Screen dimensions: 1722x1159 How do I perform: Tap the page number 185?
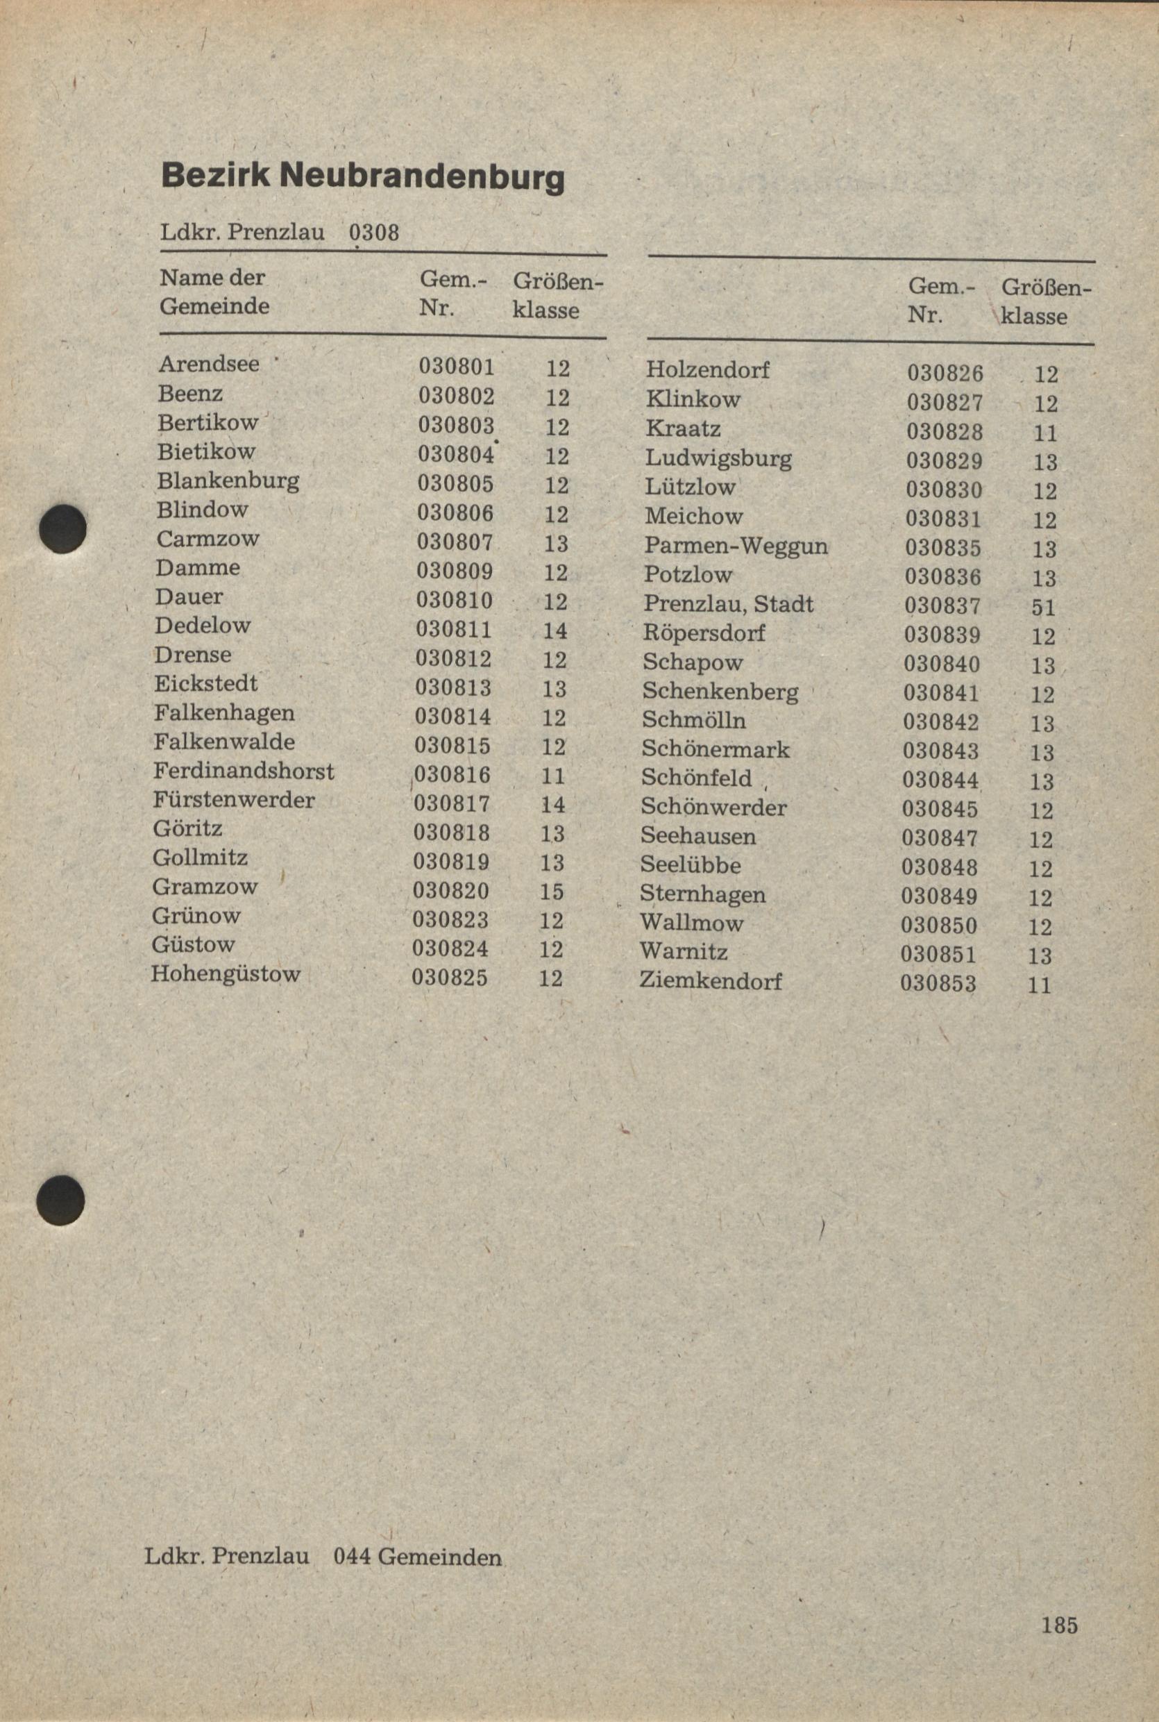(x=1060, y=1625)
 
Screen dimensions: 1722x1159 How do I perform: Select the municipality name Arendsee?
(x=209, y=364)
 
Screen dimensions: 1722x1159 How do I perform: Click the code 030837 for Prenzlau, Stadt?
(x=942, y=606)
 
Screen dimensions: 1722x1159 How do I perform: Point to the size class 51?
(x=1043, y=608)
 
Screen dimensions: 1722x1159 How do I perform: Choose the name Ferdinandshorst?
(x=243, y=771)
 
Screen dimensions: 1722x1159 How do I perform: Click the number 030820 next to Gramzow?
(x=451, y=891)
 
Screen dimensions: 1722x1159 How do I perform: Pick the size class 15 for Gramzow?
(x=552, y=892)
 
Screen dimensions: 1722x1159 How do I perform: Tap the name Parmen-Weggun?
(x=736, y=546)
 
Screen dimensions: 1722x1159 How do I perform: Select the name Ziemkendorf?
(x=711, y=981)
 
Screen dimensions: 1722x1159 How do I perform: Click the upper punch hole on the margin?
(x=63, y=528)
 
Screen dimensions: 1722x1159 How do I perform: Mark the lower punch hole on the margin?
(x=60, y=1200)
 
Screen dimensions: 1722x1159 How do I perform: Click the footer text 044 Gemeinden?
(x=418, y=1557)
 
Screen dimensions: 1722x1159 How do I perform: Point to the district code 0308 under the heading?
(x=374, y=233)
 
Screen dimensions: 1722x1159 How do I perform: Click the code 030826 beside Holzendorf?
(x=945, y=374)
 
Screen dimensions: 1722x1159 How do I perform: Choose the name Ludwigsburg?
(x=718, y=458)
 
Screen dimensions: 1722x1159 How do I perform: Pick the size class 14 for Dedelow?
(x=555, y=630)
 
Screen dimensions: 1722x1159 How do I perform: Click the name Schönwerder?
(x=713, y=808)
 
